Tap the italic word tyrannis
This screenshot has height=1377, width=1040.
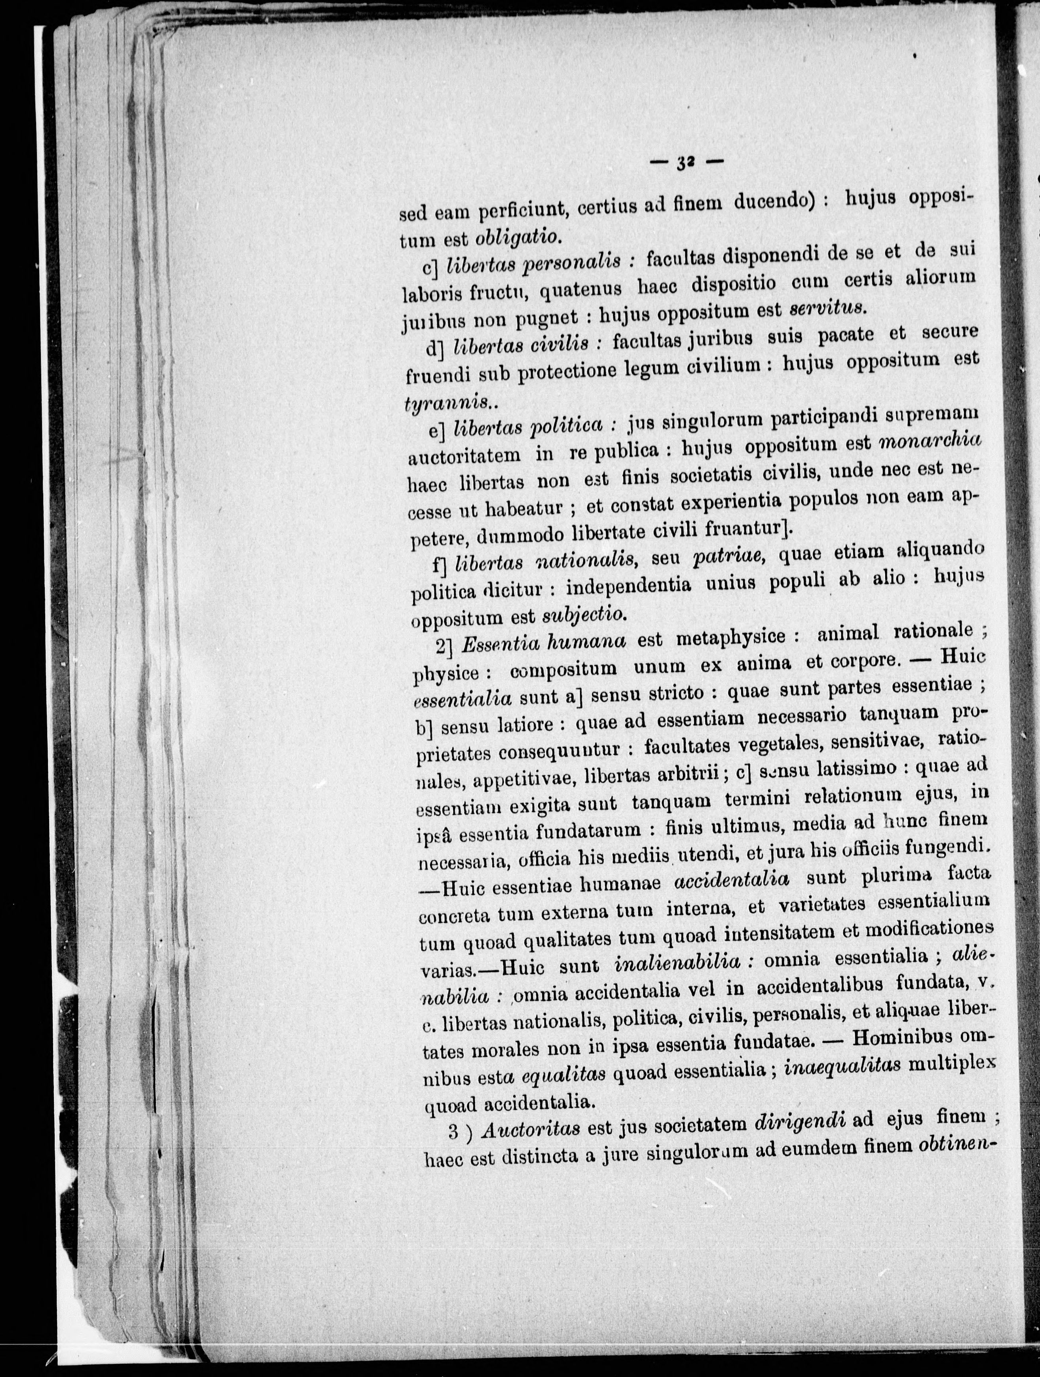tap(446, 403)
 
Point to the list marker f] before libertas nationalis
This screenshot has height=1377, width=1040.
tap(440, 564)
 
